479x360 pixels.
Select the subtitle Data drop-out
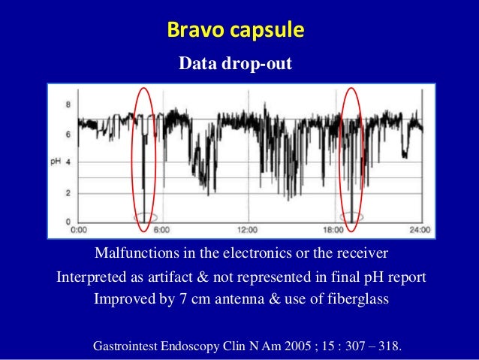click(x=235, y=66)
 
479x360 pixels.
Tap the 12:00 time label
click(x=247, y=229)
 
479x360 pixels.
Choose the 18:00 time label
click(x=333, y=229)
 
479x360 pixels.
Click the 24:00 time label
click(x=419, y=229)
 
